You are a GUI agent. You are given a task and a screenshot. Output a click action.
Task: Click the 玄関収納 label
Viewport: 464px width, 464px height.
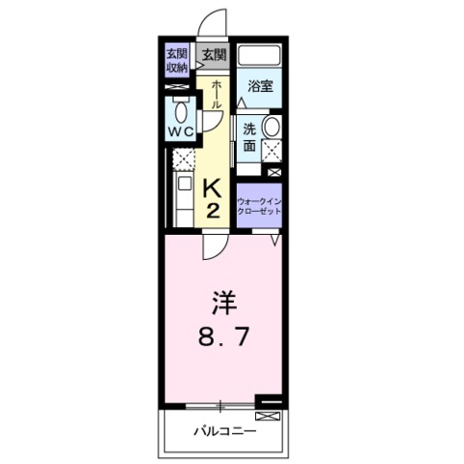point(177,60)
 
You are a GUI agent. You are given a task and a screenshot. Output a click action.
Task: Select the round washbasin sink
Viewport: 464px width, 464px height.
point(272,127)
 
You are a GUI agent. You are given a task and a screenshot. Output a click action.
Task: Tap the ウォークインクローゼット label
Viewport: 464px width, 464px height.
point(258,204)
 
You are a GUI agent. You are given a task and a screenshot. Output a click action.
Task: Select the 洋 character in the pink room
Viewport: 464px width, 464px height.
point(223,304)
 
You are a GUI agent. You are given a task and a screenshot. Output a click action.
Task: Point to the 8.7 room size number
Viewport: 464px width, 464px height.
point(223,338)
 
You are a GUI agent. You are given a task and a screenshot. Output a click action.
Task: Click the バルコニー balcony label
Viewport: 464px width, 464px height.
point(223,430)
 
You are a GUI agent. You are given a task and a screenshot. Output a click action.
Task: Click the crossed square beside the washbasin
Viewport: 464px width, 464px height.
point(273,150)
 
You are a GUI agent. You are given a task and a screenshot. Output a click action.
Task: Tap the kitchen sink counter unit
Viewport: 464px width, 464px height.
point(182,199)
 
